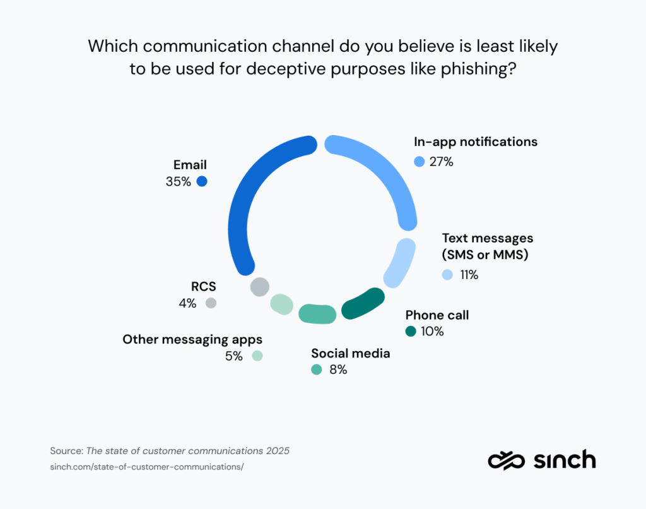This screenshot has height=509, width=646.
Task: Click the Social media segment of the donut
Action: (x=317, y=314)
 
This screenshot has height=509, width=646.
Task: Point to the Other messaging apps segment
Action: (x=281, y=304)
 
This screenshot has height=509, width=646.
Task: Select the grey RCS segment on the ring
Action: (x=259, y=287)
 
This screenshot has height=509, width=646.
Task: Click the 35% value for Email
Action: (x=178, y=181)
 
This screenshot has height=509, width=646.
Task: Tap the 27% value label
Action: (x=442, y=162)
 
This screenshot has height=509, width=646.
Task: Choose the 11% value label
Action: (x=469, y=275)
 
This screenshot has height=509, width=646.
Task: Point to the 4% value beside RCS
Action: (x=187, y=303)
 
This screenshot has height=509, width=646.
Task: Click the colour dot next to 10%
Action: (x=411, y=332)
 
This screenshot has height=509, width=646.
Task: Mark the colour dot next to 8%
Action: (x=317, y=369)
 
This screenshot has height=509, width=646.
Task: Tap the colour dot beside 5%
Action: (x=257, y=356)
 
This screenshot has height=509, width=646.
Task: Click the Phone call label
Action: (x=437, y=315)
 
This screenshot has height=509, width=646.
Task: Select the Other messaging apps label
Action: (x=192, y=339)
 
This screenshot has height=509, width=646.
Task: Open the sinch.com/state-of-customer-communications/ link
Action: (x=146, y=467)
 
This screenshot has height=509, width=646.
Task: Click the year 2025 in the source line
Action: (x=276, y=451)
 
